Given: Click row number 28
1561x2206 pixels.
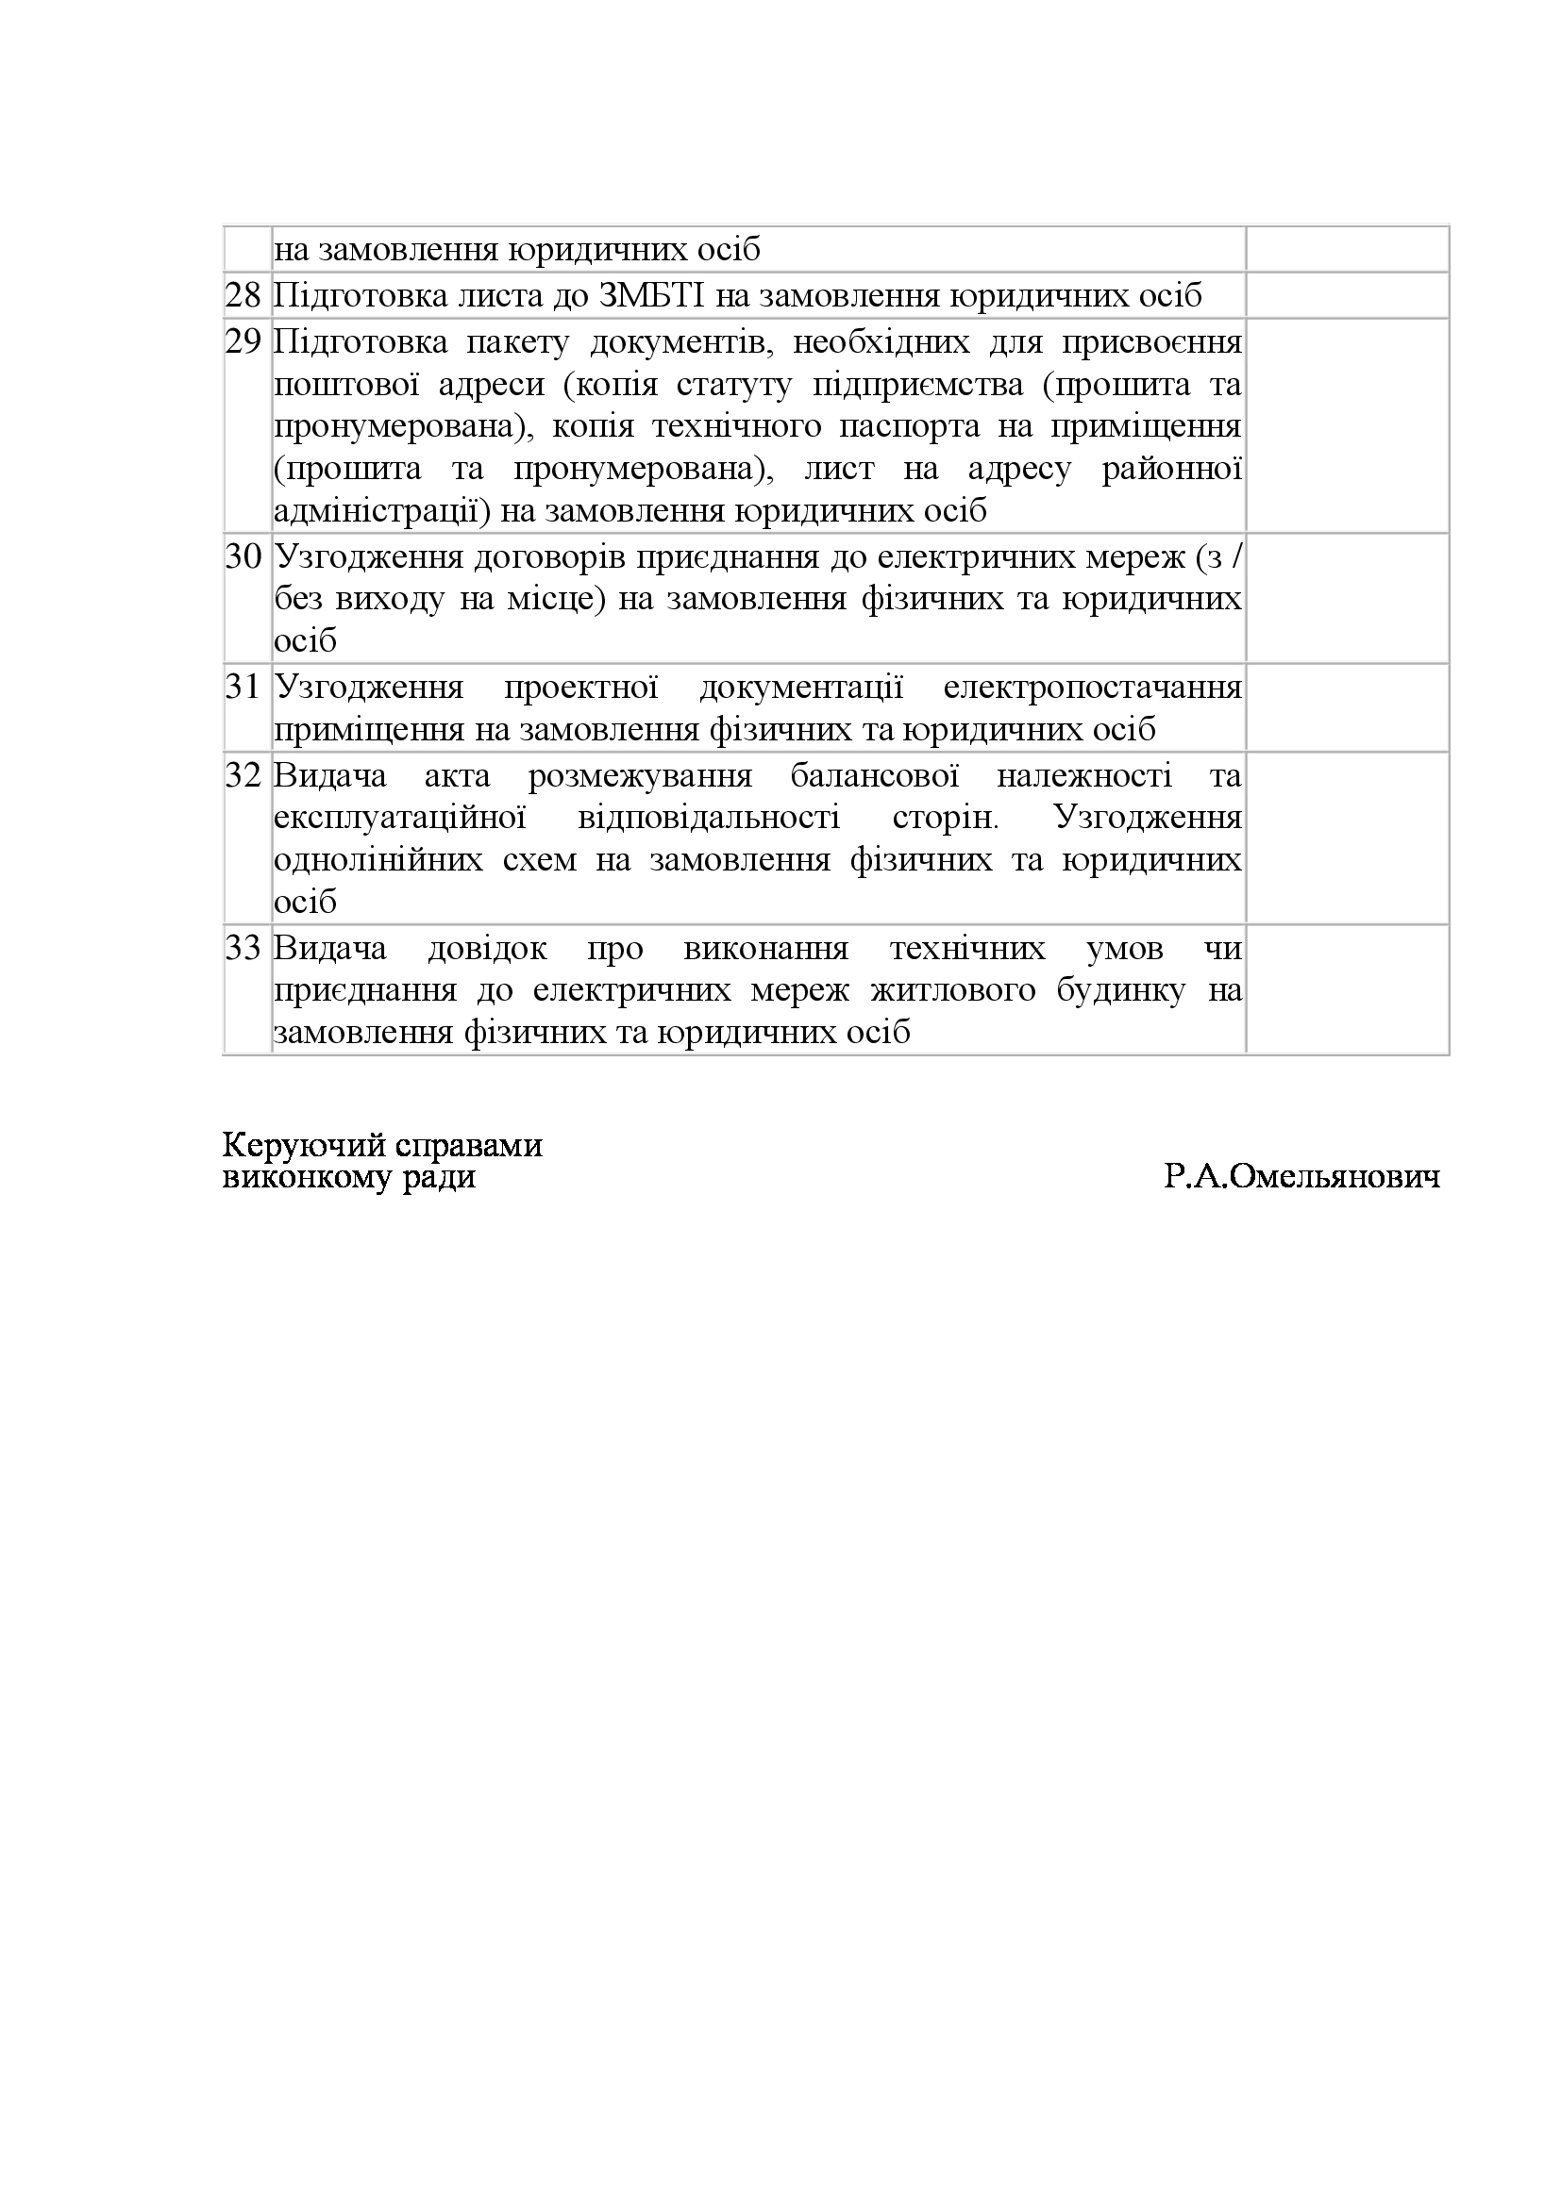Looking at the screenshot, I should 243,295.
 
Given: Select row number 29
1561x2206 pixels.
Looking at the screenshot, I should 243,341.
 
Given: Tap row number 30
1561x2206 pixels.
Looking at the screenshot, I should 243,556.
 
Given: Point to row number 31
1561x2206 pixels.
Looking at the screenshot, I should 243,687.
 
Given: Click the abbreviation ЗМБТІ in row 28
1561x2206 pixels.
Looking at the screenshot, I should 653,295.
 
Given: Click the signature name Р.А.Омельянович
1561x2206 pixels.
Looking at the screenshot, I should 1301,1177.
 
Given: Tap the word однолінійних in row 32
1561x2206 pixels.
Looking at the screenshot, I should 378,859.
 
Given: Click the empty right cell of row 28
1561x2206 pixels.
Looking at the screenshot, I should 1347,295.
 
